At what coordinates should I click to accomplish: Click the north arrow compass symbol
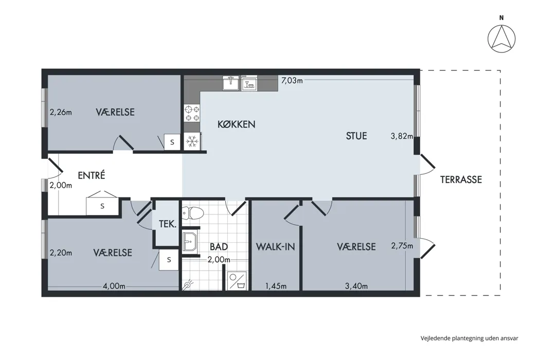click(501, 38)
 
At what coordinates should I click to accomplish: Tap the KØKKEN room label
click(236, 124)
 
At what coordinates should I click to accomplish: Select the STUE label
click(356, 136)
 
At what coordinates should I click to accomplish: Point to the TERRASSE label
click(461, 179)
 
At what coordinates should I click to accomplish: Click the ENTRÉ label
click(91, 175)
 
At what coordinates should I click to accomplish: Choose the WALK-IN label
click(276, 247)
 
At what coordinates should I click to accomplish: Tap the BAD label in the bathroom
click(219, 247)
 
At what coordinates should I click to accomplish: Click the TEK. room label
click(167, 224)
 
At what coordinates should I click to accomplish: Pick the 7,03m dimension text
click(292, 81)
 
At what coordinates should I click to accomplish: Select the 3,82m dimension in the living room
click(402, 136)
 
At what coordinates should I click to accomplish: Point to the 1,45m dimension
click(276, 286)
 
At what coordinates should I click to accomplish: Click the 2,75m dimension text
click(402, 246)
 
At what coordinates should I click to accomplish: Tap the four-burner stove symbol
click(192, 114)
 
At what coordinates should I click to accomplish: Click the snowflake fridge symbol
click(192, 141)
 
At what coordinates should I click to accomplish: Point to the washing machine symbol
click(237, 281)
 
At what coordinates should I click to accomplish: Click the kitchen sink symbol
click(231, 83)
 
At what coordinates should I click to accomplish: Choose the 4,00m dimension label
click(114, 286)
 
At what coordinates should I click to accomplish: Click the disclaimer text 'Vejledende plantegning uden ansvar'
click(469, 338)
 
